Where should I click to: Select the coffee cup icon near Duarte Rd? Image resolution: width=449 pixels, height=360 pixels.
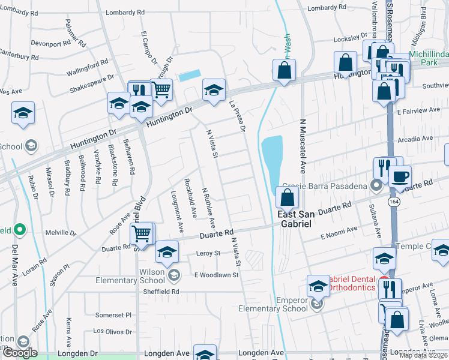400,177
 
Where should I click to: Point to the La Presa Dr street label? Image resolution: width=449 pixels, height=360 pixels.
238,115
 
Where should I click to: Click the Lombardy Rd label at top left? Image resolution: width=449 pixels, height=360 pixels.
125,12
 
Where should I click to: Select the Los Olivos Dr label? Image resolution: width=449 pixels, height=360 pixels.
112,331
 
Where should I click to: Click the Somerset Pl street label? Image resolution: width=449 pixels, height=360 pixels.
113,315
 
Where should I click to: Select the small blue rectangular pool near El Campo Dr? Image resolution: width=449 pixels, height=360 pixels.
190,76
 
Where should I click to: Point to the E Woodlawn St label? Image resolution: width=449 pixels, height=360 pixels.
217,275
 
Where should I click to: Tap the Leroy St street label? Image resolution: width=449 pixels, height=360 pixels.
208,254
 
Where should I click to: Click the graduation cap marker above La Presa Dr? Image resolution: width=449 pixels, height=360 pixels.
214,90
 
